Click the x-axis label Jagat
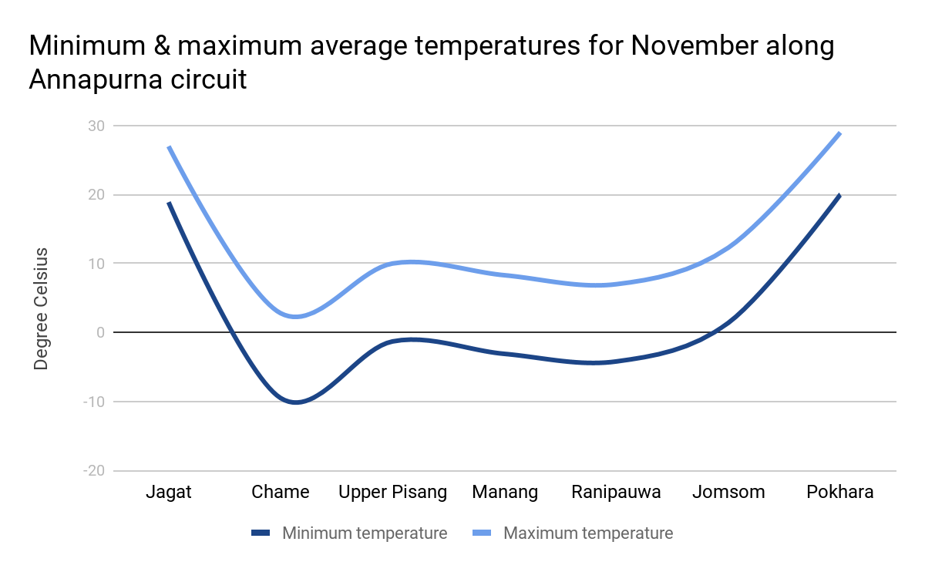point(169,492)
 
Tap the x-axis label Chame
point(281,492)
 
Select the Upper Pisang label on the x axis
point(392,492)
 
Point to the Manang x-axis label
point(505,492)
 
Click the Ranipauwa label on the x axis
point(616,492)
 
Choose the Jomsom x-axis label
point(728,492)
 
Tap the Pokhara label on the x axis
point(840,492)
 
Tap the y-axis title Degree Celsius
point(42,308)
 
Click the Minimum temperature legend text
point(364,533)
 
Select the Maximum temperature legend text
point(587,533)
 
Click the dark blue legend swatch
point(261,533)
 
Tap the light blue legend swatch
point(483,533)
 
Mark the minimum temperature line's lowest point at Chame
point(295,402)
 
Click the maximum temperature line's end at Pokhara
point(840,133)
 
